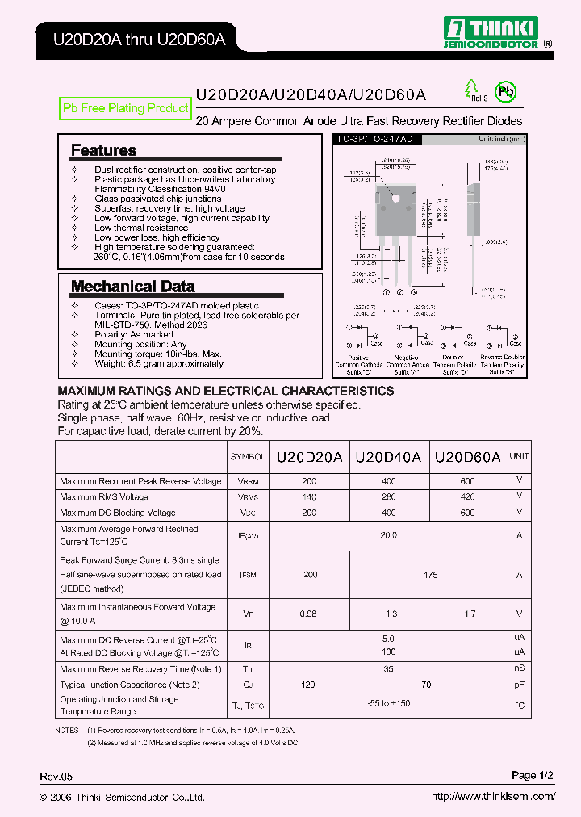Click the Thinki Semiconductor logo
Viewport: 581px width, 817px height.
pos(493,34)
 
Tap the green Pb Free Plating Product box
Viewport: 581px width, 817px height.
pos(126,108)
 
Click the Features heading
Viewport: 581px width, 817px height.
pos(103,150)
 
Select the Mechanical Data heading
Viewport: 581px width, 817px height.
pos(132,287)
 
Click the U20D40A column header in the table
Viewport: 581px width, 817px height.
pos(388,456)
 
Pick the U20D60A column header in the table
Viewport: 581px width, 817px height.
pos(467,456)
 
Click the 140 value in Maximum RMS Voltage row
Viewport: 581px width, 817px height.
pos(309,497)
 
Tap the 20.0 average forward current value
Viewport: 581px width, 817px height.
pos(388,535)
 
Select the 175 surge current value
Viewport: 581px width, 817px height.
pos(430,575)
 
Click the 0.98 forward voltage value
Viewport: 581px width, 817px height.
pos(309,614)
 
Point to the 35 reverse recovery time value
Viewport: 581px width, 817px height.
pos(388,669)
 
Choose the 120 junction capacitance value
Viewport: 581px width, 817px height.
pos(309,685)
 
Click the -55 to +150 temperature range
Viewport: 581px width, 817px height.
pos(388,704)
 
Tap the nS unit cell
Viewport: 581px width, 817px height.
pos(519,669)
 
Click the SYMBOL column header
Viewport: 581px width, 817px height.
pos(248,457)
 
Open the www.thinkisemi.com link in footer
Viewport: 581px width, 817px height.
pos(493,797)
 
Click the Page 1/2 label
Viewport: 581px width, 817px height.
pos(533,776)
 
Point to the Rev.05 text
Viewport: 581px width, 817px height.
pos(56,777)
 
